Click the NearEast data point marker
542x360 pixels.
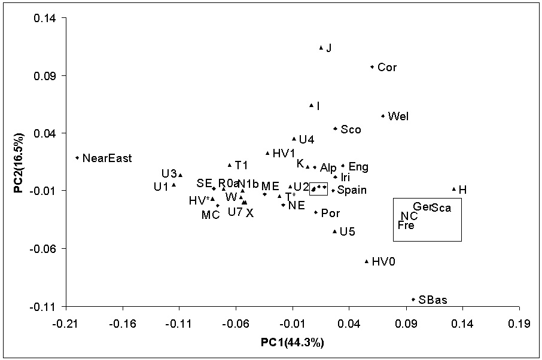[77, 158]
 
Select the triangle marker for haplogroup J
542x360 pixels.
[321, 47]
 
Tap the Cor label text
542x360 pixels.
[387, 68]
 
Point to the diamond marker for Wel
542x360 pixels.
[383, 116]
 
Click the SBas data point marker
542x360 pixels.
[413, 300]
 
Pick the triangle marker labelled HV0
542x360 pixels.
[367, 261]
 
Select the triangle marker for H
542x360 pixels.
[454, 189]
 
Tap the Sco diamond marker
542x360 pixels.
[336, 129]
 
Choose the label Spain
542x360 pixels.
[352, 190]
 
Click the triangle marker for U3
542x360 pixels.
[180, 175]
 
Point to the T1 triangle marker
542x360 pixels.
[229, 164]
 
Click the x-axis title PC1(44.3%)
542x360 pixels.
[293, 343]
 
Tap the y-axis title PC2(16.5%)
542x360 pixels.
[20, 161]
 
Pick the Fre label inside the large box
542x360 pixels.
[406, 225]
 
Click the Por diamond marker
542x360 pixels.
[316, 212]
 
